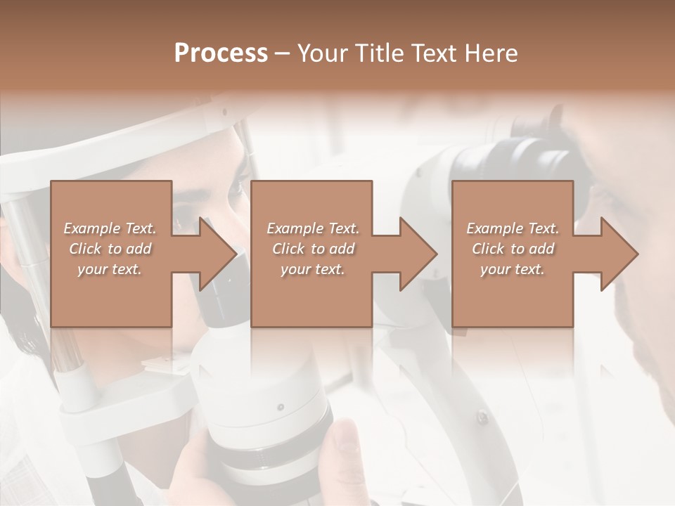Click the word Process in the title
[x=221, y=53]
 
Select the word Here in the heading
[x=491, y=53]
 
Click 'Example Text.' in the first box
[x=110, y=228]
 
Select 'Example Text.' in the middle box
[x=313, y=228]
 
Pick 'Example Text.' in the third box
[x=513, y=228]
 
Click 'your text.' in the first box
[x=110, y=269]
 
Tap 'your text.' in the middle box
[x=312, y=269]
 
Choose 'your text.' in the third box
[x=512, y=269]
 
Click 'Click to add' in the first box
[x=110, y=249]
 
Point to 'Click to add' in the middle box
[x=313, y=249]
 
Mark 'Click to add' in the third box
[x=513, y=249]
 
